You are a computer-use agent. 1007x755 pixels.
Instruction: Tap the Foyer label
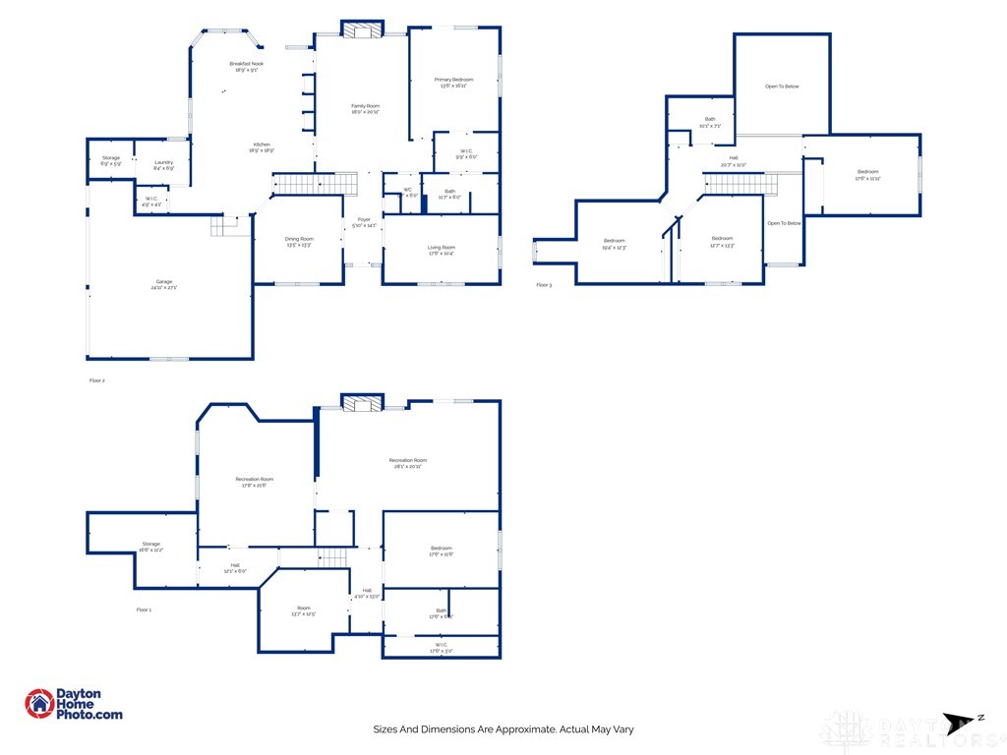pos(364,223)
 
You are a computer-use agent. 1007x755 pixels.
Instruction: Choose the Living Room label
pos(441,251)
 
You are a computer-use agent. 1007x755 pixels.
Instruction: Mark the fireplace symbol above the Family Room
pos(361,30)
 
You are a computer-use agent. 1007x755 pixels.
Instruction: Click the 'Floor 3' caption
pos(544,285)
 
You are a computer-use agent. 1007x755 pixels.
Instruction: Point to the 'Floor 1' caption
pos(144,610)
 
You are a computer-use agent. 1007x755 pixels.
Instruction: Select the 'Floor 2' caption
pos(96,379)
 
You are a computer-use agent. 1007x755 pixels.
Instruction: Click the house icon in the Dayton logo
pos(39,704)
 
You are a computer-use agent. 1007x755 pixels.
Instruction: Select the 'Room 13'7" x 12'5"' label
pos(304,610)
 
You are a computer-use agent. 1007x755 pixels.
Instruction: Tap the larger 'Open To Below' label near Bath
pos(782,87)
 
